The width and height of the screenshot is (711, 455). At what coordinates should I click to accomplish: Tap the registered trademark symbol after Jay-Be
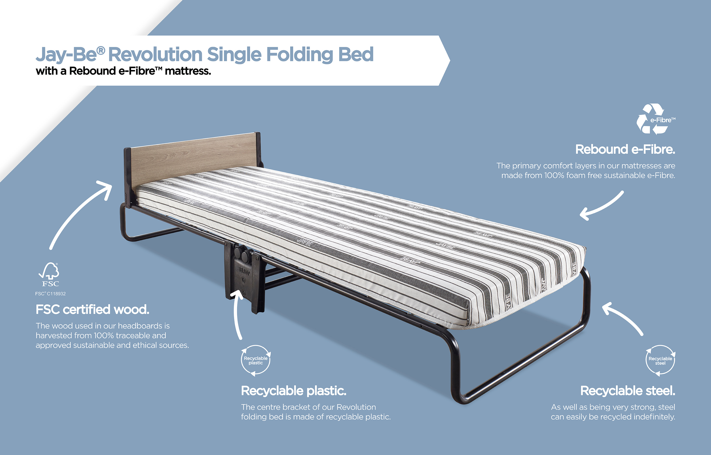coord(101,50)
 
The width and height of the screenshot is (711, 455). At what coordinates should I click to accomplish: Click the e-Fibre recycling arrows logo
coord(655,119)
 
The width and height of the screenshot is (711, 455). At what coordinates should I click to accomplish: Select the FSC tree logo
coord(49,274)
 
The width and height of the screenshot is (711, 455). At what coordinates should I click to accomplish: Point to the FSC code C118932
coord(50,294)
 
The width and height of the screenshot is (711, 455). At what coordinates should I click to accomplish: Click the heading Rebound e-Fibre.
coord(625,150)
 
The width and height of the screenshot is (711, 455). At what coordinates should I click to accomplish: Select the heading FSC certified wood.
coord(92,310)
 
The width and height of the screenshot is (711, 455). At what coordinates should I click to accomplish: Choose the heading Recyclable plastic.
coord(294,391)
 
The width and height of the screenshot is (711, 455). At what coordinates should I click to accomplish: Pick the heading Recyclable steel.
coord(628,391)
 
